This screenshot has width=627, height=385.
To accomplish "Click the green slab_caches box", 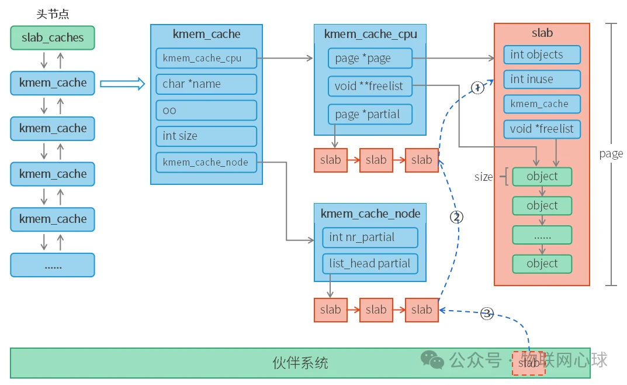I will (x=53, y=37).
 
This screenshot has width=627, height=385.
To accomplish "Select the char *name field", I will (x=206, y=84).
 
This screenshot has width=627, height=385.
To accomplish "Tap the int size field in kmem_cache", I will (x=206, y=136).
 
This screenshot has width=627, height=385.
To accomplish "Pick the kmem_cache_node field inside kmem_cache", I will (x=206, y=162).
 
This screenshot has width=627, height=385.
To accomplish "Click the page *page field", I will (x=369, y=59).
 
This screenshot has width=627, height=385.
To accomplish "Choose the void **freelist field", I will (x=369, y=86).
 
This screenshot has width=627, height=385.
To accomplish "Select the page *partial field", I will (x=369, y=114).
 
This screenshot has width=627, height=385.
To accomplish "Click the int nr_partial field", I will (x=369, y=237).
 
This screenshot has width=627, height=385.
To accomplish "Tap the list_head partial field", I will (x=369, y=263).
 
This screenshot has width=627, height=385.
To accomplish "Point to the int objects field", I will (x=542, y=54).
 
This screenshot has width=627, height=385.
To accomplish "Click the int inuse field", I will (x=542, y=79).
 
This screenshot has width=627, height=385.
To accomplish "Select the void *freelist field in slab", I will (x=542, y=129).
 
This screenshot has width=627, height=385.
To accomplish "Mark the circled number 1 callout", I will (x=477, y=88).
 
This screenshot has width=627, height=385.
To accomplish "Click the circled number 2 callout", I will (x=456, y=217).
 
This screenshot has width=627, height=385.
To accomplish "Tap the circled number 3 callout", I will (x=487, y=314).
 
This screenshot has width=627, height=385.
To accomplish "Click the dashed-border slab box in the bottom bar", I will (x=528, y=363).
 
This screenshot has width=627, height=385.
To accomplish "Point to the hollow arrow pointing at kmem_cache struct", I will (x=122, y=84).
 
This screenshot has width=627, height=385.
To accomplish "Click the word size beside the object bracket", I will (x=483, y=177).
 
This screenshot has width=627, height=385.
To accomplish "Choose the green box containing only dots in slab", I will (x=542, y=235).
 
